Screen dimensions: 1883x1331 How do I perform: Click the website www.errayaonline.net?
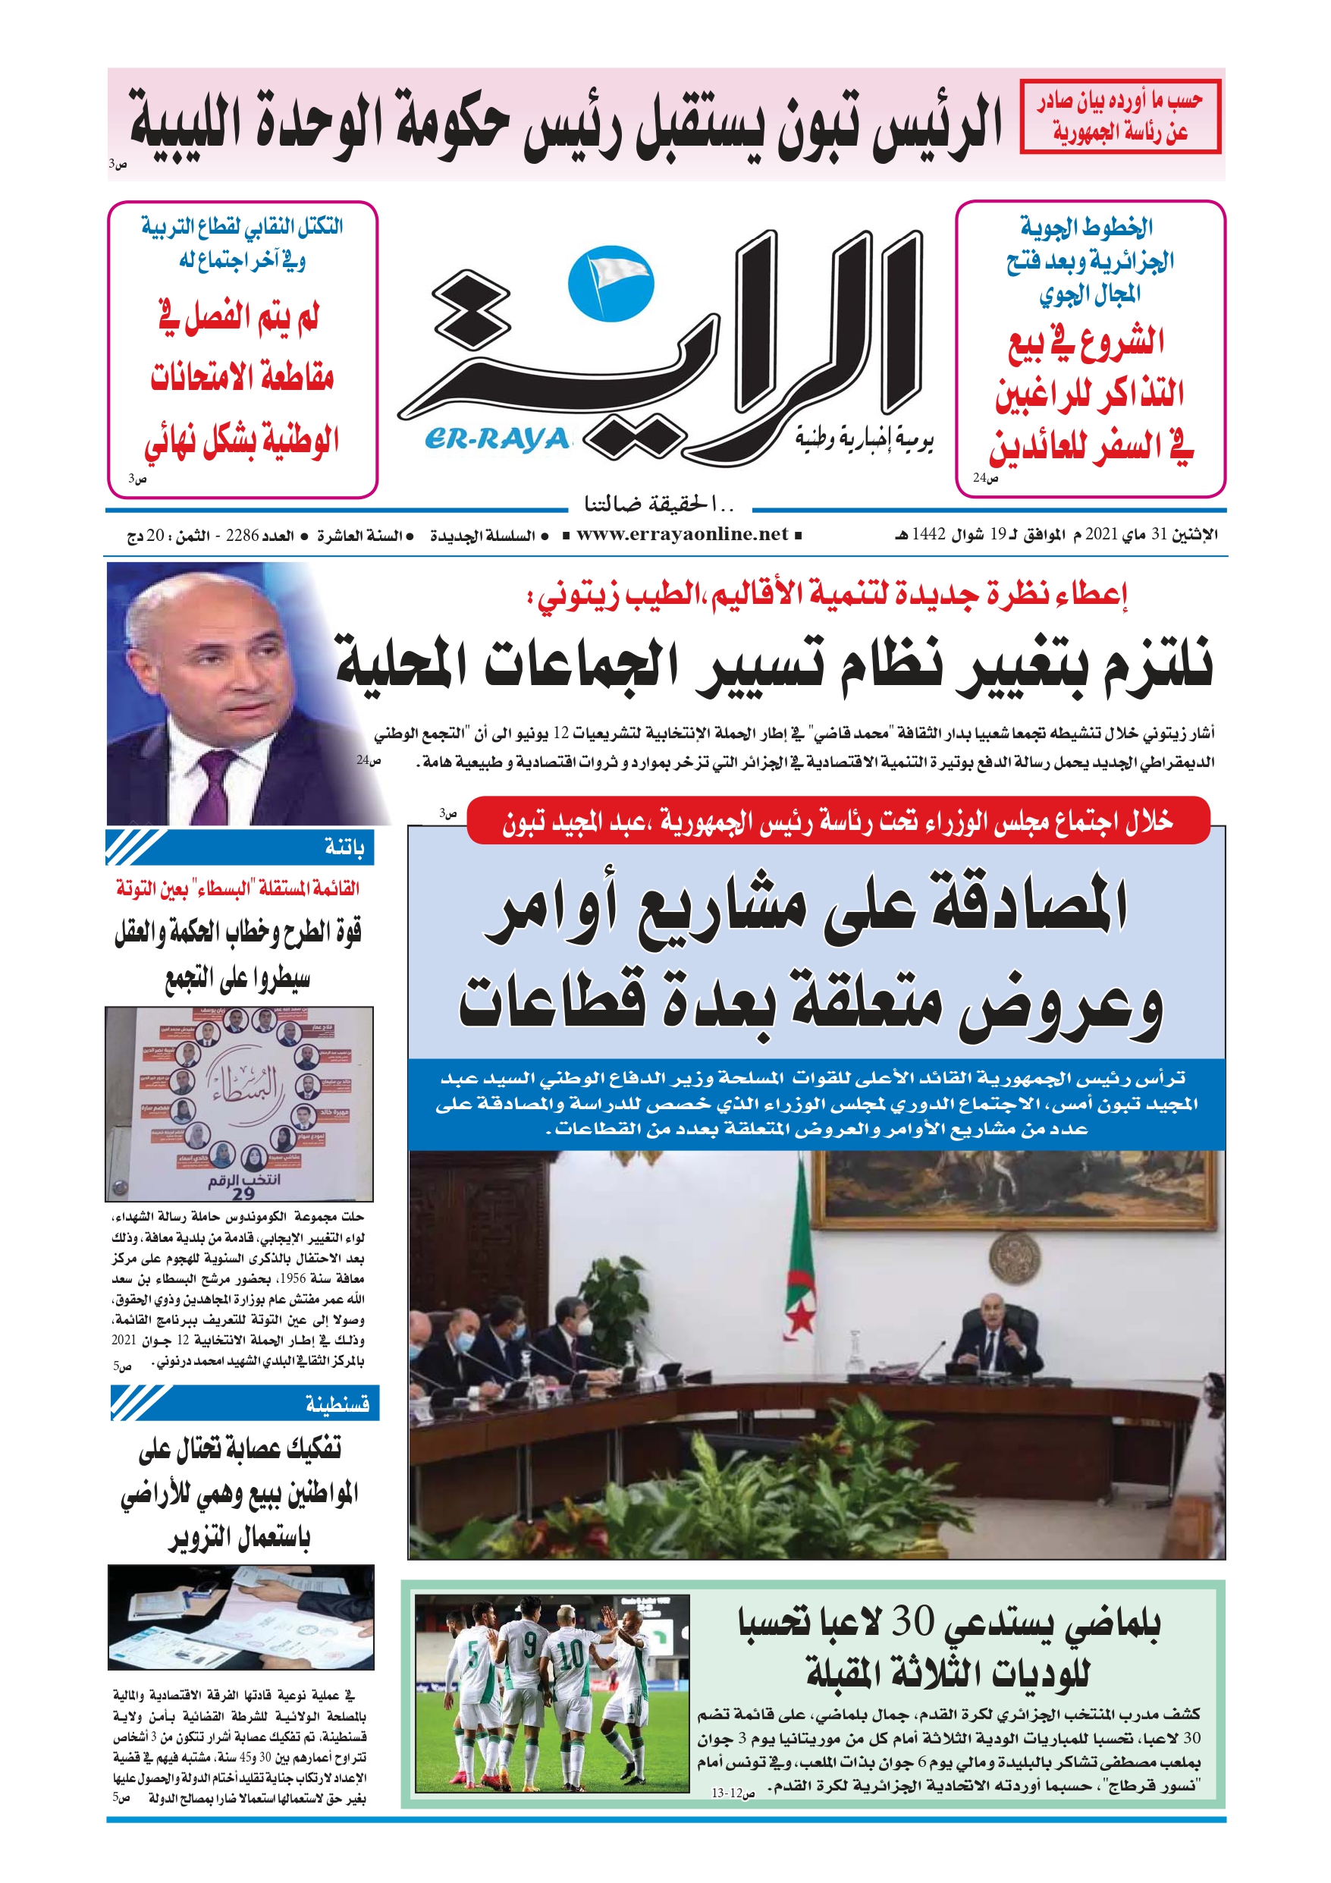point(682,535)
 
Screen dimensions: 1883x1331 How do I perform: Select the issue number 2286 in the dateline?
point(242,536)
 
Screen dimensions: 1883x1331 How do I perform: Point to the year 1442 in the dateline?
point(928,535)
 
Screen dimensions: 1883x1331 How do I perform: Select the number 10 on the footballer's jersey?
point(572,1653)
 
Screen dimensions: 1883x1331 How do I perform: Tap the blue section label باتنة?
point(344,847)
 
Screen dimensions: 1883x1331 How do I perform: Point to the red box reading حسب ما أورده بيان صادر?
point(1120,117)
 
